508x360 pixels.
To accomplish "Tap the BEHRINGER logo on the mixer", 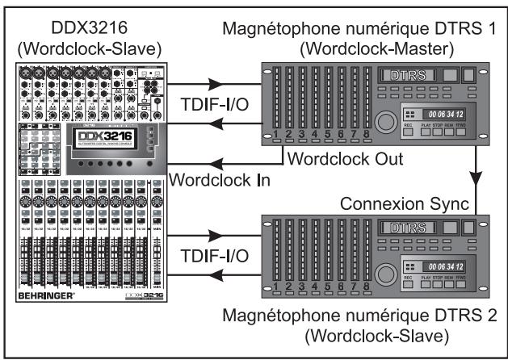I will click(47, 319).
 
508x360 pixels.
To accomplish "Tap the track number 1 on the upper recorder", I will click(276, 135).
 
